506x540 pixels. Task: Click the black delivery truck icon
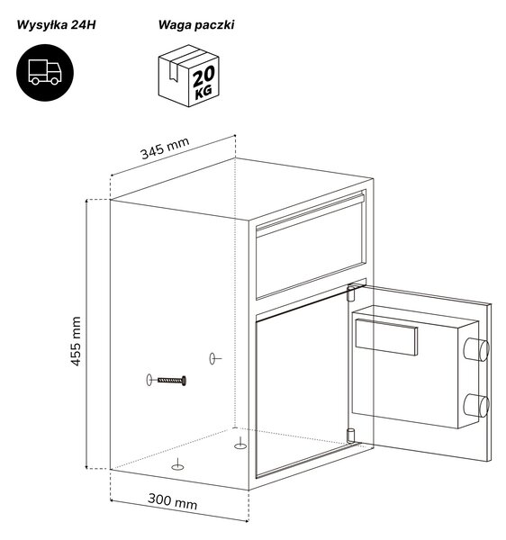point(45,72)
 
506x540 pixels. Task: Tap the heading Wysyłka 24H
point(56,25)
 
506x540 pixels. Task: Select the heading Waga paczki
point(196,25)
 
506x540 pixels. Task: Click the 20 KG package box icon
point(188,76)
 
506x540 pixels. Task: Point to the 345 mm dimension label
point(165,148)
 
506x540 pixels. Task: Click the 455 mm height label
point(76,341)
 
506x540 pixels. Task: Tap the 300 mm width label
point(173,501)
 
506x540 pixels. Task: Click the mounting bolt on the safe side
point(172,381)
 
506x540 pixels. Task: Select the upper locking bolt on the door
point(476,349)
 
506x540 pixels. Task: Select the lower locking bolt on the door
point(476,405)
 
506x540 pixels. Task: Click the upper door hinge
point(351,292)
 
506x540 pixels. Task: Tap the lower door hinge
point(350,436)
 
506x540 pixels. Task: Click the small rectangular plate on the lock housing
point(386,337)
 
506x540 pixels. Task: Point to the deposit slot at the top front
point(311,213)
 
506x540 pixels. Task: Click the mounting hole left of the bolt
point(149,380)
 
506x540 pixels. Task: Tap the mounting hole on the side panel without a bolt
point(212,358)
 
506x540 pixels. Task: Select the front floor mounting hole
point(177,467)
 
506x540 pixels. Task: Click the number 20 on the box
point(203,76)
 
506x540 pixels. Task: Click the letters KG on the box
point(203,93)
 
